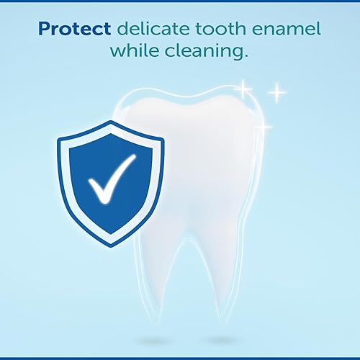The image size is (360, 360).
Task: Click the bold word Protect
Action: coord(75,30)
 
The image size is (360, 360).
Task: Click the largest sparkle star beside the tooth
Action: coord(276,93)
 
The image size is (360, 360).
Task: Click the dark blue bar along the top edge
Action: coord(180,2)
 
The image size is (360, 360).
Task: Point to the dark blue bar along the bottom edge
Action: coord(180,357)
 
